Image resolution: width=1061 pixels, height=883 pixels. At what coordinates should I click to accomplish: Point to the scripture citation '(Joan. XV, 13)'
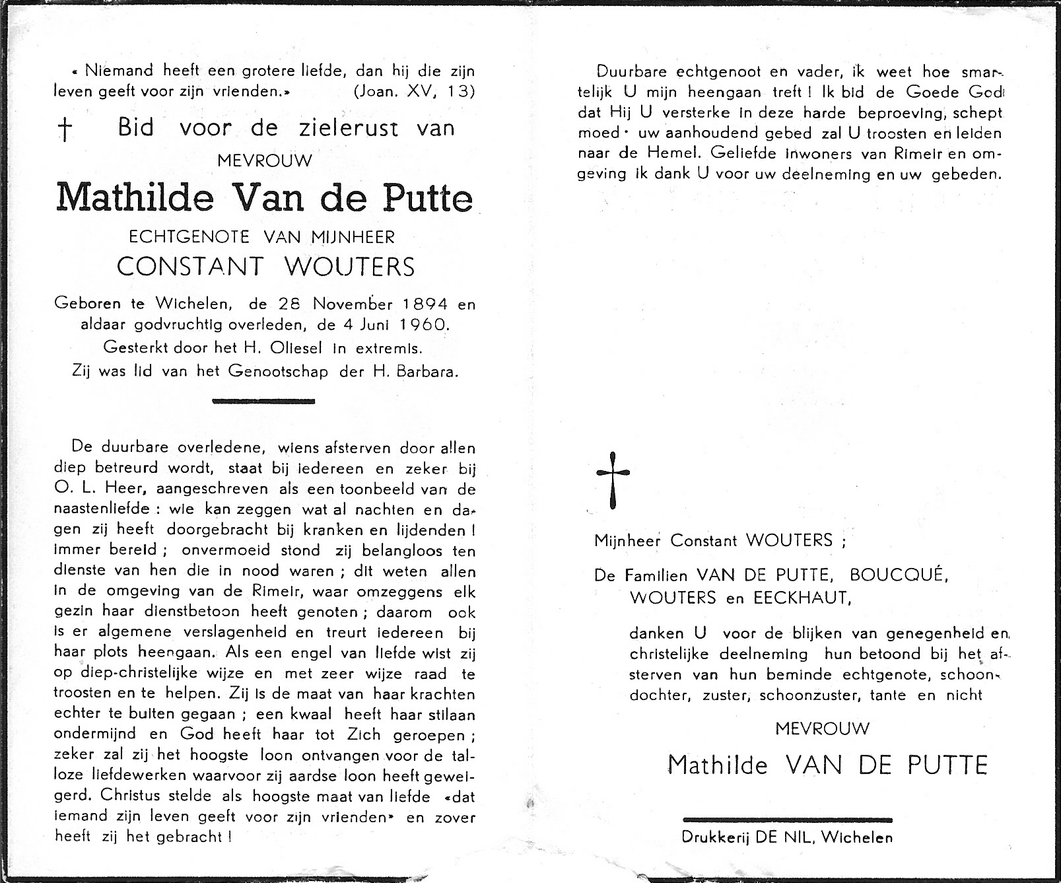(414, 91)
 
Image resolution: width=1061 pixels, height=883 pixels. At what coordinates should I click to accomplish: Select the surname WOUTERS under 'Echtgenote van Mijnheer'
(349, 266)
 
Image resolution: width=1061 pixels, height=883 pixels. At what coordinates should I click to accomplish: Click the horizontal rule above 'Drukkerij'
(787, 819)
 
